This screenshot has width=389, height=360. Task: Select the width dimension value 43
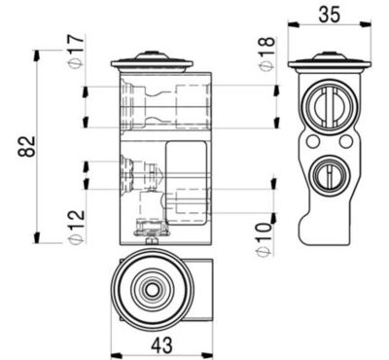[161, 342]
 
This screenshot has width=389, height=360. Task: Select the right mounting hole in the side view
[344, 142]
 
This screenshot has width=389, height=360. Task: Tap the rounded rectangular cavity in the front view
[187, 180]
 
